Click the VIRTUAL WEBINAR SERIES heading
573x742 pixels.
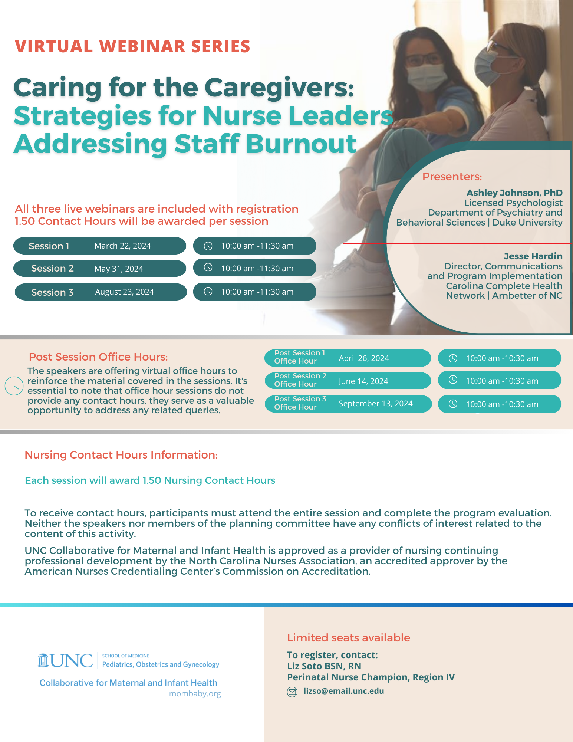(132, 46)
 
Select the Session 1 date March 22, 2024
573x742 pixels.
(122, 246)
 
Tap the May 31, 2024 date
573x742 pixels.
(119, 269)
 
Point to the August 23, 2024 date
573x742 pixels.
(124, 292)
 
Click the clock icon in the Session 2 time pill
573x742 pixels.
(208, 267)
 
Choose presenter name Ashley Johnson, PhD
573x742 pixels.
(514, 193)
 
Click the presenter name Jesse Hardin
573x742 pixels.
(533, 256)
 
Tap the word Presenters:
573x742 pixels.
(452, 177)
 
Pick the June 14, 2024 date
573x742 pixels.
(363, 381)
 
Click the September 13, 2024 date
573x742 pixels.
(375, 404)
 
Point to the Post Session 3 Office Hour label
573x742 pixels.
(300, 403)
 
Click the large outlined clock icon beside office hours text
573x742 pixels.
(14, 386)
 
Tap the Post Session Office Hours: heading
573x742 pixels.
(98, 357)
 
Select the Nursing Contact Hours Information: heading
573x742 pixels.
(121, 455)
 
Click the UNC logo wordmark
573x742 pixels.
(66, 661)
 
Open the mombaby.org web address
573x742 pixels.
(195, 694)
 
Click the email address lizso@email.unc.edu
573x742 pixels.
(343, 691)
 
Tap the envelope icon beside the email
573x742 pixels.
(292, 692)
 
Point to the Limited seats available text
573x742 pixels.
(348, 638)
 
